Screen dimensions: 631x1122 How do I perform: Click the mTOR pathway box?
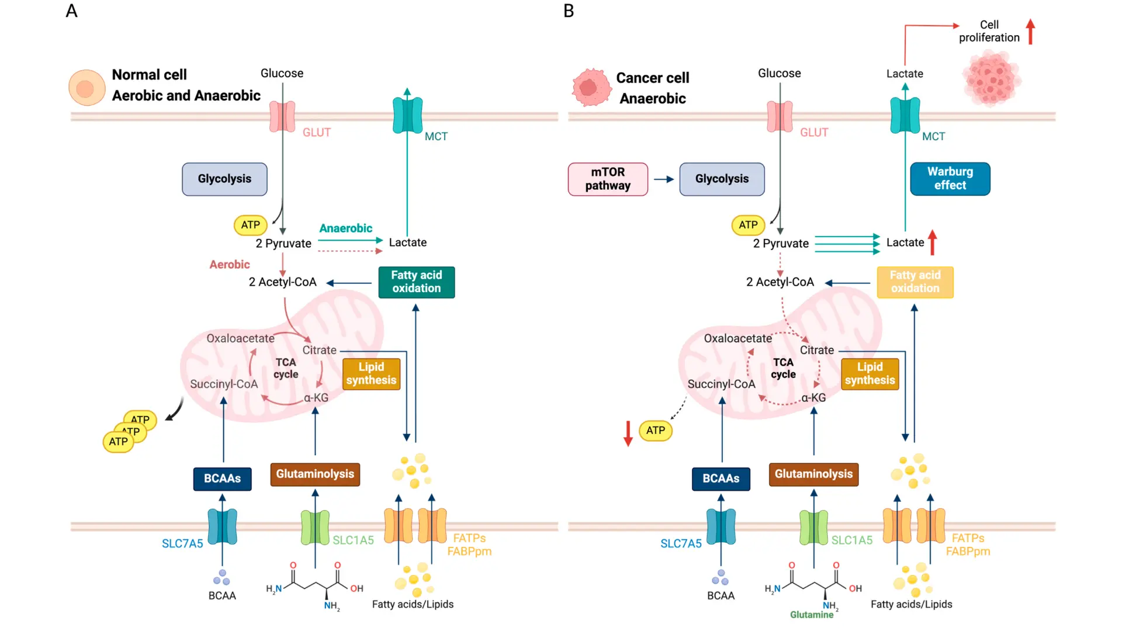[608, 179]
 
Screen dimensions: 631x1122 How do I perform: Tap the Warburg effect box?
[950, 179]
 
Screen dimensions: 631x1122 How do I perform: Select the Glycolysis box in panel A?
[224, 179]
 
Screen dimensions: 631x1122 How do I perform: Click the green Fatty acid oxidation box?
[417, 282]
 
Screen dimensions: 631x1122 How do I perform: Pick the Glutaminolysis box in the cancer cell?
[813, 474]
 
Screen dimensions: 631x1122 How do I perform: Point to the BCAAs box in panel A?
[222, 479]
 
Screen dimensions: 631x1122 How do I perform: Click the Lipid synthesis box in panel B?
[870, 374]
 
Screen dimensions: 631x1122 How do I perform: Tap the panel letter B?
[569, 11]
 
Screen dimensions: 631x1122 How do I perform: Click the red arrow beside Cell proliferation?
[1031, 32]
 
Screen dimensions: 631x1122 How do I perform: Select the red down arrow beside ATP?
[628, 433]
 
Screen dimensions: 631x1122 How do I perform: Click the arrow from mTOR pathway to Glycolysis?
[664, 179]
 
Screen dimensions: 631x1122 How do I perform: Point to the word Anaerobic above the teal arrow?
[345, 228]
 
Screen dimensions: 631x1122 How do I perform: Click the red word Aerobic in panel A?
[230, 265]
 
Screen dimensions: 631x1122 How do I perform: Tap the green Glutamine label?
[812, 615]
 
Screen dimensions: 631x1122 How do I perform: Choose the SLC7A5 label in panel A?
[182, 543]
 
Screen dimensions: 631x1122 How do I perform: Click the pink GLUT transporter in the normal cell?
[282, 116]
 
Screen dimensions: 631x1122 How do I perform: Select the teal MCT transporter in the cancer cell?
[905, 115]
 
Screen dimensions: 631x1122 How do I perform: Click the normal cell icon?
[86, 88]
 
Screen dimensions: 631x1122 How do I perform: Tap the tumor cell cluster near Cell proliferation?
[991, 78]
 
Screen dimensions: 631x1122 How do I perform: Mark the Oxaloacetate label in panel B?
[737, 338]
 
